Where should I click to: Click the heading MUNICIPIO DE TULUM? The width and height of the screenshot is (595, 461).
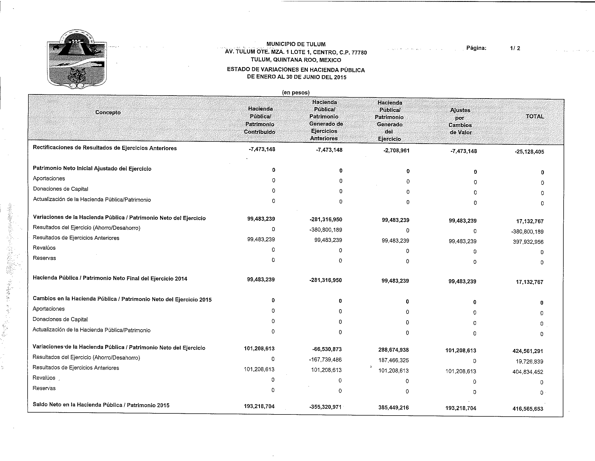[x=296, y=44]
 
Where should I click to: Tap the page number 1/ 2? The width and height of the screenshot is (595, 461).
[x=515, y=48]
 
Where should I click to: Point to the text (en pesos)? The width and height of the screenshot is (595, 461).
[x=296, y=92]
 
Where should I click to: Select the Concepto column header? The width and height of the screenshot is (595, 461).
[x=108, y=112]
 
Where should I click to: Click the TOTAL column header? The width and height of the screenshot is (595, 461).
[x=535, y=116]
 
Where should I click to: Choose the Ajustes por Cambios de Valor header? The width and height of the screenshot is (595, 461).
[x=460, y=121]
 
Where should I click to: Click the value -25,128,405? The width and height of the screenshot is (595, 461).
[x=529, y=152]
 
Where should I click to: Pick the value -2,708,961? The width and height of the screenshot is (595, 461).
[x=396, y=151]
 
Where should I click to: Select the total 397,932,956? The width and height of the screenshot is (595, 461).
[x=528, y=242]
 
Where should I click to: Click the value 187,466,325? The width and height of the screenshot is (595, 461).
[x=394, y=360]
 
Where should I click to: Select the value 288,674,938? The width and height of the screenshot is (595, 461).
[x=394, y=350]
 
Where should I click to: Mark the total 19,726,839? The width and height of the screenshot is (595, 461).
[x=529, y=361]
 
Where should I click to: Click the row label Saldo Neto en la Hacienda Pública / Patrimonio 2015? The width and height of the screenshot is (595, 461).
[x=101, y=405]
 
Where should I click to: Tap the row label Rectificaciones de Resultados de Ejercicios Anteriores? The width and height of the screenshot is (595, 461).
[x=105, y=148]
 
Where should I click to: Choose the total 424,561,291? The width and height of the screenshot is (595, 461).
[x=528, y=351]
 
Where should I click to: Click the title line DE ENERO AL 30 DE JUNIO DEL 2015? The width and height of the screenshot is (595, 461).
[x=296, y=77]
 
